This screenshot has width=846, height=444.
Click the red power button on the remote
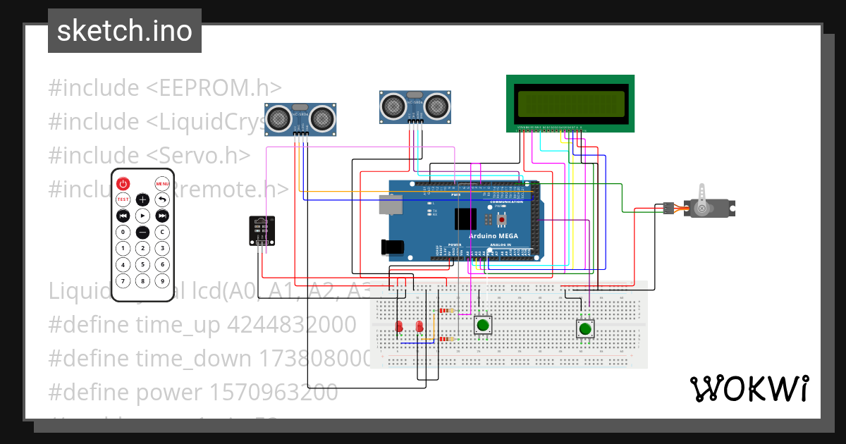tap(123, 184)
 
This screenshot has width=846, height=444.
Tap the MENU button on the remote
tap(162, 184)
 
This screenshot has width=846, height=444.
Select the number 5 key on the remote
tap(142, 265)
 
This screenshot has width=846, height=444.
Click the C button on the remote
tap(162, 232)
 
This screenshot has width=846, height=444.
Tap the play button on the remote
tap(142, 216)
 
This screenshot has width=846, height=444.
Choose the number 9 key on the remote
tap(162, 281)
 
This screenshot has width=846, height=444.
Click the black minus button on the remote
tap(142, 232)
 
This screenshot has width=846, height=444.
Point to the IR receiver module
tap(260, 230)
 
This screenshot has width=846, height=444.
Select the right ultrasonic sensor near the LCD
tap(415, 105)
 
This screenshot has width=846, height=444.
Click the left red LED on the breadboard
tap(399, 327)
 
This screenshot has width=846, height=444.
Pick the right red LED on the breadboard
tap(420, 327)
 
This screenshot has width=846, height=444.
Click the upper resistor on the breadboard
tap(446, 311)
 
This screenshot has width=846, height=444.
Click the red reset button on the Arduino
tap(502, 219)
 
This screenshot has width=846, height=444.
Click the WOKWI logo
tap(749, 389)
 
